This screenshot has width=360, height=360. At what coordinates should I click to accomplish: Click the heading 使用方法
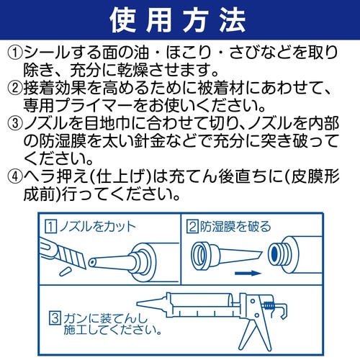tap(179, 20)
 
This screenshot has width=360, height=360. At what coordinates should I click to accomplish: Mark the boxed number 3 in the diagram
tap(55, 315)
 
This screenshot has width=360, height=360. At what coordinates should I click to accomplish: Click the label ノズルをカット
tap(94, 227)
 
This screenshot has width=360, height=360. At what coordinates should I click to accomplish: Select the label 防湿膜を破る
tap(235, 227)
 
